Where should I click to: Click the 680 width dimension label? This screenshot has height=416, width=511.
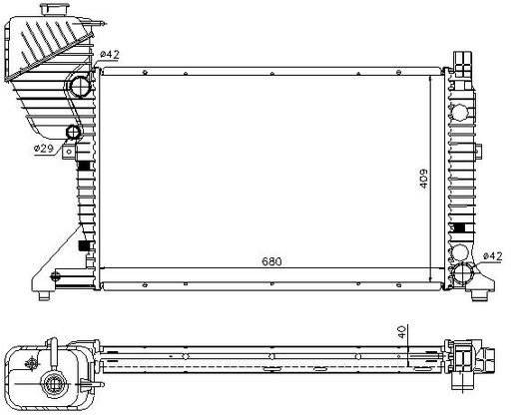(x=271, y=261)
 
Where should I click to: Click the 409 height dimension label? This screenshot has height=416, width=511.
(x=423, y=179)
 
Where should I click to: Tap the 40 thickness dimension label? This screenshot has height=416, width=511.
(x=402, y=332)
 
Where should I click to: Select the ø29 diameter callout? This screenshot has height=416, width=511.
(x=44, y=149)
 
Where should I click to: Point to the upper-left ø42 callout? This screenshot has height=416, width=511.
(x=109, y=54)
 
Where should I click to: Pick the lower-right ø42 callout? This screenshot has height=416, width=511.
(x=492, y=255)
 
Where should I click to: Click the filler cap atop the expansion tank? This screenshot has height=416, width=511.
(x=55, y=9)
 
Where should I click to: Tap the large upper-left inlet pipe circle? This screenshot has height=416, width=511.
(x=80, y=87)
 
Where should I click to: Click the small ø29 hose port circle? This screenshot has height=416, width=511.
(x=73, y=132)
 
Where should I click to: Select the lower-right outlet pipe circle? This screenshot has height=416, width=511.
(x=463, y=273)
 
